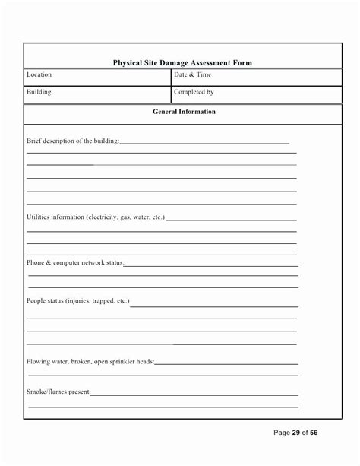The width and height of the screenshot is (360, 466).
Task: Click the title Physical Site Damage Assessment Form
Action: (x=182, y=63)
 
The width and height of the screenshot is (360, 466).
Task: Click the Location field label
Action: (x=39, y=75)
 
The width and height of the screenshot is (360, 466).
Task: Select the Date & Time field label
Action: (x=193, y=75)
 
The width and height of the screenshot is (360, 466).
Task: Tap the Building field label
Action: (x=39, y=92)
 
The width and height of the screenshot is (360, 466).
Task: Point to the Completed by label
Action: (x=194, y=92)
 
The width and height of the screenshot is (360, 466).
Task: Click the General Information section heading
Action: (x=183, y=112)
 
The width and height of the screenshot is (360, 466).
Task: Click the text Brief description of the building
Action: (x=73, y=141)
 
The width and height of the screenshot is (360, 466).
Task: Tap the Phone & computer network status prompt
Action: (x=75, y=262)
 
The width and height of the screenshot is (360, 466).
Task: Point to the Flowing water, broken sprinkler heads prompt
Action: (x=90, y=361)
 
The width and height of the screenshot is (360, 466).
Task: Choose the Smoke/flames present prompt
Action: (x=58, y=392)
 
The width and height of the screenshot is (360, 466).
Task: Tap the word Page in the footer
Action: (x=281, y=433)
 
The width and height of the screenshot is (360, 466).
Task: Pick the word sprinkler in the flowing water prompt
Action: (x=122, y=361)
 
